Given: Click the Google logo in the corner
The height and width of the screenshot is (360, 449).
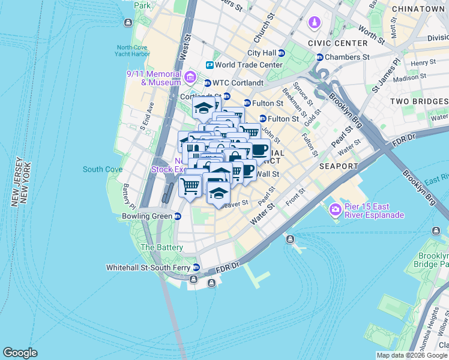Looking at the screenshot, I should [x=20, y=353].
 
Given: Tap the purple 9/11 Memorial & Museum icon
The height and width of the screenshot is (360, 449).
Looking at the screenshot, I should [x=190, y=76].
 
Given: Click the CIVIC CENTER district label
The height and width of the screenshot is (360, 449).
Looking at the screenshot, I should [x=337, y=43].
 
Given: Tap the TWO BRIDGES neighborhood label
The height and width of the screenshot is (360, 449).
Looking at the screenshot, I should [x=418, y=101].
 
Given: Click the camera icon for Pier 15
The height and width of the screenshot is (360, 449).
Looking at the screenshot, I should [x=335, y=210].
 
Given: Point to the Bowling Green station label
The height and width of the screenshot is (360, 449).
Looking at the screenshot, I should [x=146, y=216].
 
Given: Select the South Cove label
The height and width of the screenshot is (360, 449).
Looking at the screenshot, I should [x=103, y=170].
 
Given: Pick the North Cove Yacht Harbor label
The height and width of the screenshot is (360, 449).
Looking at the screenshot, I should [x=133, y=51].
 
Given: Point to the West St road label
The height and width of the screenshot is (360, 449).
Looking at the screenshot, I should [x=185, y=45].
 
